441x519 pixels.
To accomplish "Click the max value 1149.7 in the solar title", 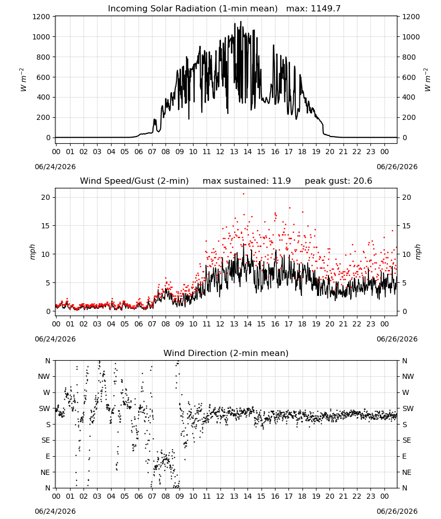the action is (325, 9).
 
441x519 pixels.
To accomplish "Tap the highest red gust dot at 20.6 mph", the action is (244, 194).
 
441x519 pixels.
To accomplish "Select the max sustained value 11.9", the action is (281, 181).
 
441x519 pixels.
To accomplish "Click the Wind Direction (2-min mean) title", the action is (226, 353).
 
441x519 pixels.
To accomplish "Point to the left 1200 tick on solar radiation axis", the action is (41, 17).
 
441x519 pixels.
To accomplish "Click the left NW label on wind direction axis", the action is (44, 377).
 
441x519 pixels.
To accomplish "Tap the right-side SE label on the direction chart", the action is (407, 441).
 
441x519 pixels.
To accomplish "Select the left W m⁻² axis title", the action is (23, 80).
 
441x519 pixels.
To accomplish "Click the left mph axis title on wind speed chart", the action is (32, 252).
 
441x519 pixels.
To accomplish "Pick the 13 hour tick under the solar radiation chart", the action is (234, 152).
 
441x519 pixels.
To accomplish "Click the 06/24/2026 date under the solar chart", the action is (55, 167).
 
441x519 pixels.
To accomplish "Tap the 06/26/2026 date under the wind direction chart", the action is (397, 511).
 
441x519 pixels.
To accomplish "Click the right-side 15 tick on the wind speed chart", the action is (407, 226).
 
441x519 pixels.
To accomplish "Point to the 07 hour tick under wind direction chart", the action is (152, 497).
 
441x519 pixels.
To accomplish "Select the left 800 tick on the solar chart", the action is (44, 57).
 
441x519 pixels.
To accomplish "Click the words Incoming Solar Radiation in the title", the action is (162, 9).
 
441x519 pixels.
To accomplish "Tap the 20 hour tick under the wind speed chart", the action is (330, 324).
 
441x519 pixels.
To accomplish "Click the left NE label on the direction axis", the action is (45, 472).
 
